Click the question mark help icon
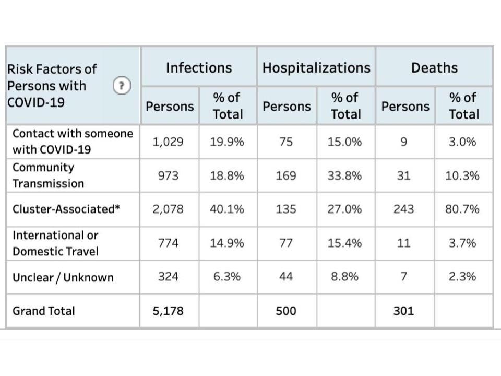point(122,86)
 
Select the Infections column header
point(199,68)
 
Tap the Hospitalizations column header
point(316,68)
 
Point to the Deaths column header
point(434,68)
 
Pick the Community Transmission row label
point(48,175)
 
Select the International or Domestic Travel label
point(55,243)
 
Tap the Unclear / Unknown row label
point(63,277)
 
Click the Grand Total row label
point(44,311)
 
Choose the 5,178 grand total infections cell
point(168,311)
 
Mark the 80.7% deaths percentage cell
point(462,209)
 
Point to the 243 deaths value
point(403,209)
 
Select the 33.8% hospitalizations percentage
point(344,176)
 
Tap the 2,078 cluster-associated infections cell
point(168,209)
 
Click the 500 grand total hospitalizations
point(286,311)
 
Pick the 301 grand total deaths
point(403,311)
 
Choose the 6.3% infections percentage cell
point(227,277)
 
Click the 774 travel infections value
point(168,243)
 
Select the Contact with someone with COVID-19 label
point(73,142)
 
